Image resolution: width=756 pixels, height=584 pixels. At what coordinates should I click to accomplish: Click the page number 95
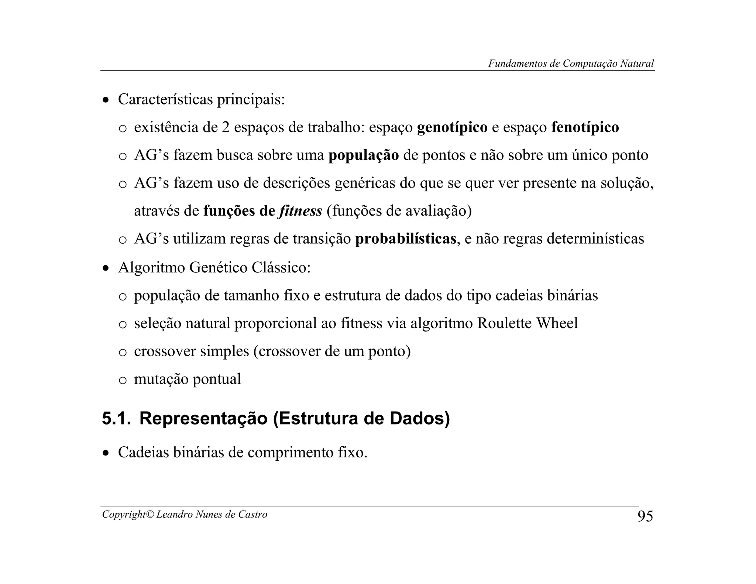coord(645,516)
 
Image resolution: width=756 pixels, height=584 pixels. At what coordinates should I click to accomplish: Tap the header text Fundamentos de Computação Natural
coord(571,63)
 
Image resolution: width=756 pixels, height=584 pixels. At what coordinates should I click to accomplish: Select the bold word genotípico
coord(452,127)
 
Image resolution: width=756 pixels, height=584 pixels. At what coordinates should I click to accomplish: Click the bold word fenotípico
coord(585,127)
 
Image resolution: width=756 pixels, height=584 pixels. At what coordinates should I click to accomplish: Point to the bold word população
coord(364,155)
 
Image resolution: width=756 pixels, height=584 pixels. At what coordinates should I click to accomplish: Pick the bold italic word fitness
coord(301,211)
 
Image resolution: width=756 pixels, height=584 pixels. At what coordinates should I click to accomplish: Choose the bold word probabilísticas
coord(406,239)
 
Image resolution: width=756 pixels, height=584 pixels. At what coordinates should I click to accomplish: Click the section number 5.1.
coord(116,419)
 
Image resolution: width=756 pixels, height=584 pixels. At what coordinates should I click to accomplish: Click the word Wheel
coord(557,323)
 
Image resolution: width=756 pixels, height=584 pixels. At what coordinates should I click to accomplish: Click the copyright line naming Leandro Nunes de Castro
coord(185,514)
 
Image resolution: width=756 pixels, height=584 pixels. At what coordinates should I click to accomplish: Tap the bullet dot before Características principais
coord(106,100)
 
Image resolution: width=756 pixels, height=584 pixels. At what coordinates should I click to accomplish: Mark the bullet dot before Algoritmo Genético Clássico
coord(106,268)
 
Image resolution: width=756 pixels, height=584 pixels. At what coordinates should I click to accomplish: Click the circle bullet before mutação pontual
coord(123,381)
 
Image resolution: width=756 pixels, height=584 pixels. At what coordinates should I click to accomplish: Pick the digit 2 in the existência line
coord(226,128)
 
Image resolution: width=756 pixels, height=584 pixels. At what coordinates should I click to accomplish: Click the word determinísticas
coord(595,239)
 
